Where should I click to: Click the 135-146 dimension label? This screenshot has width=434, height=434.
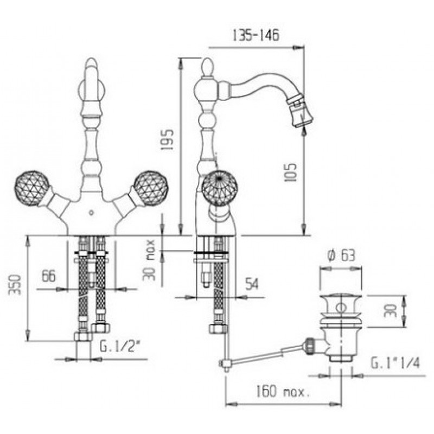[x=256, y=35]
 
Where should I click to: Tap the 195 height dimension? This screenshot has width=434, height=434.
[x=168, y=140]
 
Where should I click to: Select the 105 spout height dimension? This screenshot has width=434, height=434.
[x=290, y=173]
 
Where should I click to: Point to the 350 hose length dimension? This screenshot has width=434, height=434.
[x=15, y=285]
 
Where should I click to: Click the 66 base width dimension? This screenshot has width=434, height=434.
[x=48, y=276]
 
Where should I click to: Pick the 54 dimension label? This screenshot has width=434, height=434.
[x=252, y=284]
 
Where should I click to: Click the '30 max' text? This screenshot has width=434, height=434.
[x=149, y=260]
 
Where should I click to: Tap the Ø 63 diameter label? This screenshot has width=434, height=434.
[x=341, y=255]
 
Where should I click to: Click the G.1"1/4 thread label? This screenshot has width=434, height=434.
[x=395, y=363]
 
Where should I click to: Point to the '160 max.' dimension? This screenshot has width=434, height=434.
[x=282, y=391]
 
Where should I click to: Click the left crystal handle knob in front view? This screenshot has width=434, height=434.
[x=32, y=188]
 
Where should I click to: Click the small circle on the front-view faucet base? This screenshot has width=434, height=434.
[x=91, y=213]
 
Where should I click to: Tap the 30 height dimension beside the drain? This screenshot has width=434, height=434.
[x=390, y=311]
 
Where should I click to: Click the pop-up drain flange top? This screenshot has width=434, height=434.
[x=341, y=299]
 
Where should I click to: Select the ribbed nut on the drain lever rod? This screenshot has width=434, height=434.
[x=309, y=346]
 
